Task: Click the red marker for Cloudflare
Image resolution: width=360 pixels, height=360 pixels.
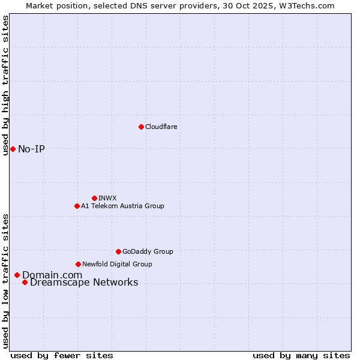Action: point(141,127)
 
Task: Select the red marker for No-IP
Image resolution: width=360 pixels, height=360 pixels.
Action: point(13,149)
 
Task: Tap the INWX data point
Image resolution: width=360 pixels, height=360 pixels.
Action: point(94,198)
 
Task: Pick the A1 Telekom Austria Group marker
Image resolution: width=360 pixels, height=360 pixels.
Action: point(77,206)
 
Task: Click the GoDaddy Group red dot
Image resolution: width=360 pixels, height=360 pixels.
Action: point(118,251)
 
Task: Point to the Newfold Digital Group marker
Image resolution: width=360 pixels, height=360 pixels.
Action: point(78,264)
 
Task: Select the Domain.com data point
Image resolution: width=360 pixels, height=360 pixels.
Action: point(17,275)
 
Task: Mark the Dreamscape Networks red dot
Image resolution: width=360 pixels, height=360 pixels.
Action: point(25,283)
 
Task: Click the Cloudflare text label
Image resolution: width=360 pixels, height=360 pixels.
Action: point(161,127)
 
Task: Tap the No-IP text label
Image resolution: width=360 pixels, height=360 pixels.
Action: point(31,149)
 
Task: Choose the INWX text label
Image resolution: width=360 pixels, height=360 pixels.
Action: point(107,198)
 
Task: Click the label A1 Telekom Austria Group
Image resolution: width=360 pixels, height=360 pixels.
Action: point(122,206)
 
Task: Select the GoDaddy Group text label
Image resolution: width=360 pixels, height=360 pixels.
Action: point(148,251)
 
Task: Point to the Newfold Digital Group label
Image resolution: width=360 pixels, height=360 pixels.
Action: point(117,264)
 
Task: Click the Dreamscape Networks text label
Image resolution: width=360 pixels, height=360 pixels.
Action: point(84,283)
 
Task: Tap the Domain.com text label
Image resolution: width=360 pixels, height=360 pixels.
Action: point(52,275)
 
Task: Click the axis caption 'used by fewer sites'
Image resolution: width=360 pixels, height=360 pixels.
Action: point(62,355)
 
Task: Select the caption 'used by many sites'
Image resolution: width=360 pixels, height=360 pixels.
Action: point(301,355)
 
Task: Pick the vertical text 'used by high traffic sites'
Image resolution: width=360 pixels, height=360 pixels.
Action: point(6,85)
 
